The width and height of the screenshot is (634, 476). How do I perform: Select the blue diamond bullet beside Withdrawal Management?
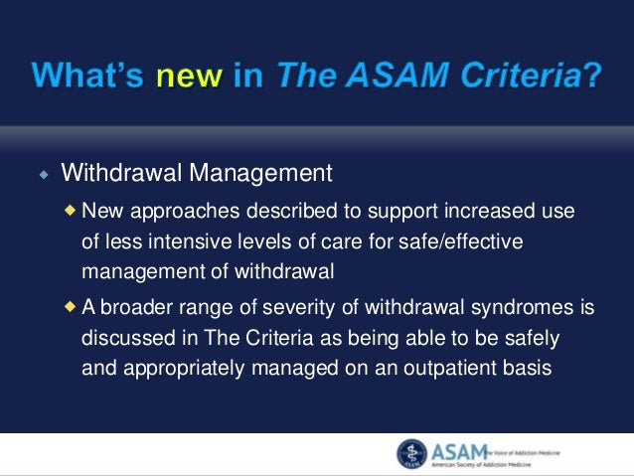(43, 176)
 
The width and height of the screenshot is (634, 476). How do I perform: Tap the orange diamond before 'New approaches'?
(70, 210)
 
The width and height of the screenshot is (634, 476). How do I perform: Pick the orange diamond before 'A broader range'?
(70, 307)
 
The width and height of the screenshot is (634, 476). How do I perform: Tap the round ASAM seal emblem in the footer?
(410, 453)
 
